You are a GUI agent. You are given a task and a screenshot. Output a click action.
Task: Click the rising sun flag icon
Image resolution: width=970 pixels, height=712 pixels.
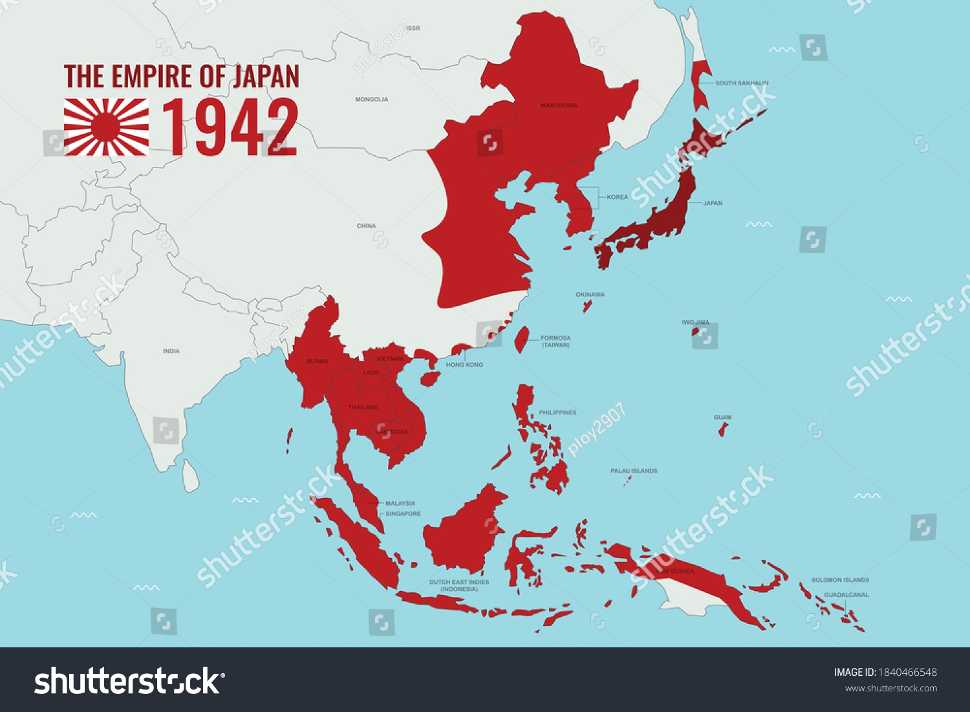(x=106, y=127)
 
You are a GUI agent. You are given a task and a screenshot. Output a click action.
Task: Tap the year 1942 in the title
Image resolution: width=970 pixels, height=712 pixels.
(x=230, y=128)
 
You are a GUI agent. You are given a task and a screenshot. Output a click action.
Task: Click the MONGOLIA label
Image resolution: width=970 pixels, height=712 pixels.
(x=372, y=100)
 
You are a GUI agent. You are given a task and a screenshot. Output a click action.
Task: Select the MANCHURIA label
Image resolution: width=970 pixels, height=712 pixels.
(x=559, y=105)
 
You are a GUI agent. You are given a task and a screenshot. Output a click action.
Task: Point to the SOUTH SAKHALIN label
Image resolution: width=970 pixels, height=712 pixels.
(x=742, y=83)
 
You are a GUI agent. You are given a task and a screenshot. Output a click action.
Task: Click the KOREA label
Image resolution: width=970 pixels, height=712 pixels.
(x=617, y=197)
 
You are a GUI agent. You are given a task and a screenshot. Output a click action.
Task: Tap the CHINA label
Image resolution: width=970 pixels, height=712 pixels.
(x=366, y=226)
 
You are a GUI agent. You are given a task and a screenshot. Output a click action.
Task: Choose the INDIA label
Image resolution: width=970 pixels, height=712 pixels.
(x=171, y=351)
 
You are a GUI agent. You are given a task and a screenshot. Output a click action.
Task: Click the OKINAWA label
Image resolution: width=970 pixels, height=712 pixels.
(x=590, y=295)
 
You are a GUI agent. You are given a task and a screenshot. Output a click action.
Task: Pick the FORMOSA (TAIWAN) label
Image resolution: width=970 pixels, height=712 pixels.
(x=555, y=341)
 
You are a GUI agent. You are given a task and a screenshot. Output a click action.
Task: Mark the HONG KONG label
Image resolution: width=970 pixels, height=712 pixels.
(x=464, y=365)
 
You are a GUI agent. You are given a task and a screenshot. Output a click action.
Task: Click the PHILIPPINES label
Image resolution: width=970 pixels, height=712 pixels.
(x=557, y=413)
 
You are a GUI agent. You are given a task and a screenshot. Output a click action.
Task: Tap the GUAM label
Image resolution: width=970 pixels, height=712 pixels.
(x=722, y=418)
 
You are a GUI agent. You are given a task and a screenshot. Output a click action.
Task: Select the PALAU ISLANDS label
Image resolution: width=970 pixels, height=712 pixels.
(x=634, y=471)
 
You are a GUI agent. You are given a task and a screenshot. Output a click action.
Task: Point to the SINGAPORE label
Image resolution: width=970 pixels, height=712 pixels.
(x=403, y=514)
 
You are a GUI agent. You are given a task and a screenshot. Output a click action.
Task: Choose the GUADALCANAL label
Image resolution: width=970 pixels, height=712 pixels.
(x=846, y=595)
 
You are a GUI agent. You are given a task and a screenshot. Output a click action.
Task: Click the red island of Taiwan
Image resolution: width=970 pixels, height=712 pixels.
(x=520, y=340)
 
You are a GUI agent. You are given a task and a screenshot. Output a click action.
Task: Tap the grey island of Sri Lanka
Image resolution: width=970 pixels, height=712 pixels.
(x=190, y=476)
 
